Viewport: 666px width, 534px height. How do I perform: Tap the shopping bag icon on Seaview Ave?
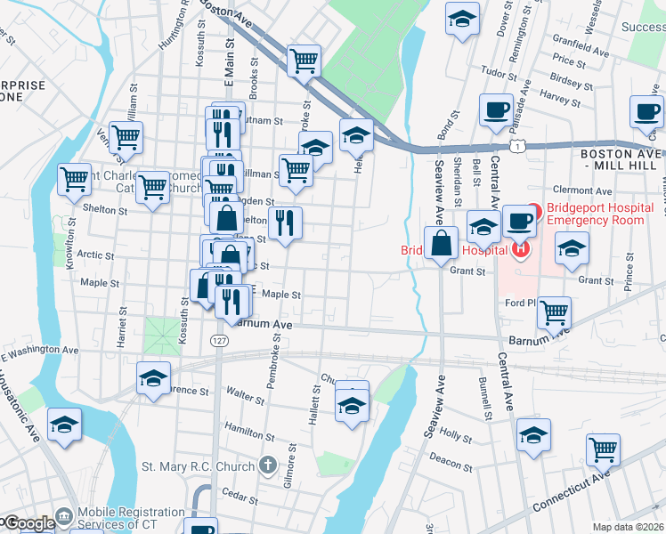[x=441, y=242]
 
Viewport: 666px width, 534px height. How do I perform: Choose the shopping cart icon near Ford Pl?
[x=555, y=312]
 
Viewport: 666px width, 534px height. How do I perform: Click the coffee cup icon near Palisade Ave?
[x=496, y=110]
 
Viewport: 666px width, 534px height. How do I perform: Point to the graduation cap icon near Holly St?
[x=533, y=435]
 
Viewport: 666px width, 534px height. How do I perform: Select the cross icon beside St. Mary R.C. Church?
[x=267, y=465]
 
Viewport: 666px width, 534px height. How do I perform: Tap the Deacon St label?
[x=450, y=462]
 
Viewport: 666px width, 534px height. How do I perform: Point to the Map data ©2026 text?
[x=628, y=527]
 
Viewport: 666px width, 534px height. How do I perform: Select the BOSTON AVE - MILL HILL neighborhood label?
[x=621, y=159]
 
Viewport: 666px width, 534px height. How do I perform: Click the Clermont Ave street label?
[x=582, y=190]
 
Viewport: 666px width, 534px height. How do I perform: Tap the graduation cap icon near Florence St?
[x=153, y=377]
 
